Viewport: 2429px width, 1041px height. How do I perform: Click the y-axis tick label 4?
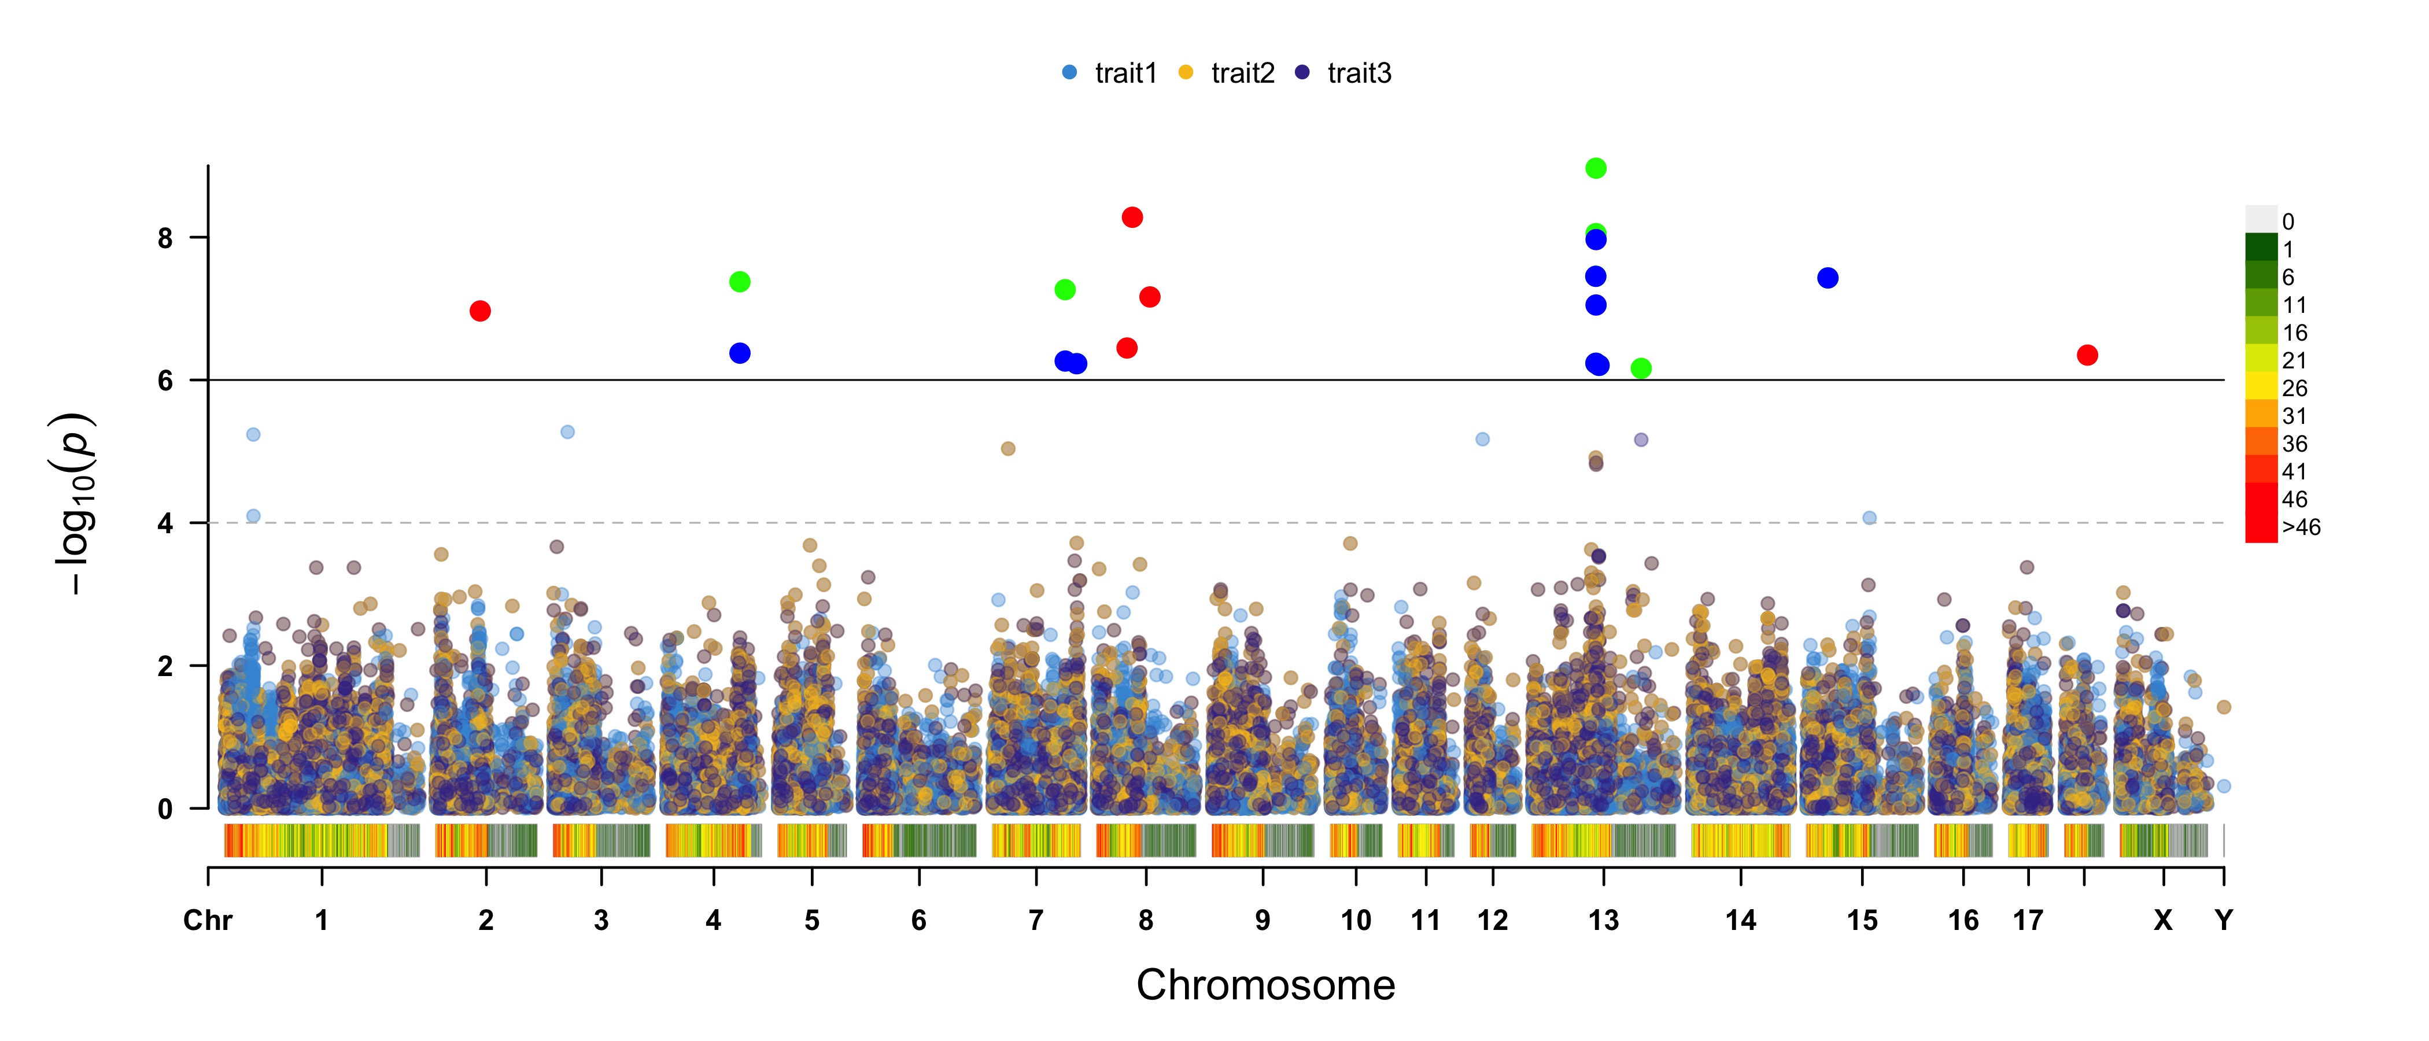click(166, 523)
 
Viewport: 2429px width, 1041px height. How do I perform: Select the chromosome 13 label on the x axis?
click(1603, 920)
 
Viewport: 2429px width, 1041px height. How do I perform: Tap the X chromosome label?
click(2163, 920)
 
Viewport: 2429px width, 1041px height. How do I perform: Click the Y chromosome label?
click(2224, 920)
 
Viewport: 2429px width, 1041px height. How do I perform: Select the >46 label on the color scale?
click(2301, 527)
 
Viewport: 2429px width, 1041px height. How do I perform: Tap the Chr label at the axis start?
click(208, 920)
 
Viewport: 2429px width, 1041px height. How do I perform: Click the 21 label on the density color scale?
click(2294, 360)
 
